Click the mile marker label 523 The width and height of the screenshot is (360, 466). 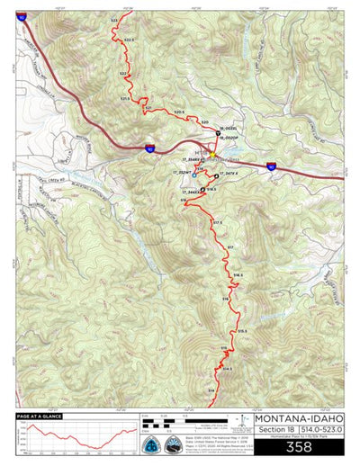[x=113, y=19]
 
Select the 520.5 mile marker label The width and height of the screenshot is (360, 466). [x=178, y=112]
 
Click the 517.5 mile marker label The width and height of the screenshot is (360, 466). [x=217, y=222]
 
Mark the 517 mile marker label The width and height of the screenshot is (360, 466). [x=230, y=246]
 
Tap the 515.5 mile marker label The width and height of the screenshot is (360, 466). [x=242, y=332]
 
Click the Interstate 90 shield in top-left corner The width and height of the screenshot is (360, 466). [x=21, y=15]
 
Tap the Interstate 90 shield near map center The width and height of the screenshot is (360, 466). [x=150, y=148]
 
